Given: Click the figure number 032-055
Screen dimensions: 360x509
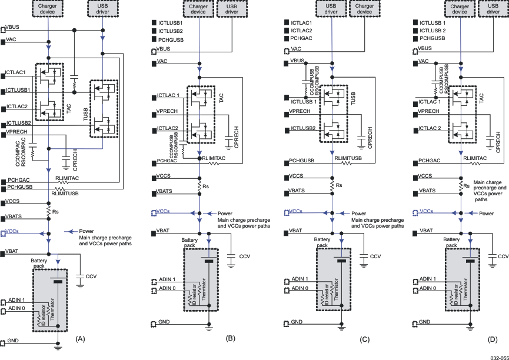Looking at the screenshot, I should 497,356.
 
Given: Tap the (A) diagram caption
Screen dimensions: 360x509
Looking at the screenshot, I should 80,338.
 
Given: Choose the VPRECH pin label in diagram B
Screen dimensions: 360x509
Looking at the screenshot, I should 168,111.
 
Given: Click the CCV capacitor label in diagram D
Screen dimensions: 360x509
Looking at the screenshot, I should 503,256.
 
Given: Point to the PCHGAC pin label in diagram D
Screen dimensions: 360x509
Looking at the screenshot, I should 430,160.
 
